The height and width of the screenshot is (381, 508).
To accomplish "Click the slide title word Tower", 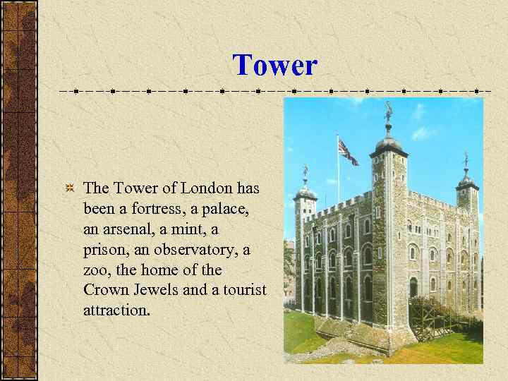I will (275, 66).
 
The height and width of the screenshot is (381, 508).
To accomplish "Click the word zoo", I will (96, 270).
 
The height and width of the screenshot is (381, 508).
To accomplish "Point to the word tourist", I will (243, 290).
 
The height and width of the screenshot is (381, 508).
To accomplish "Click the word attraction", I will (116, 310).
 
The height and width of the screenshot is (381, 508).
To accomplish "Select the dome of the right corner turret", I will (466, 178).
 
